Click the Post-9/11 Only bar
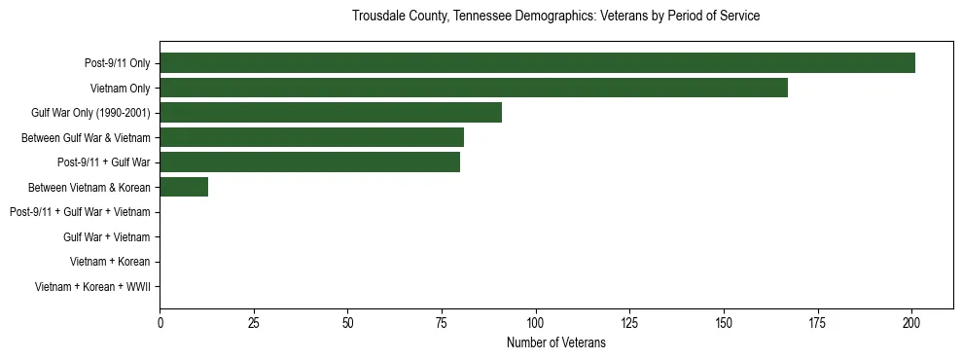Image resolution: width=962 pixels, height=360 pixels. point(537,63)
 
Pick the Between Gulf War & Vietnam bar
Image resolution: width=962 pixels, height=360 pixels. point(311,137)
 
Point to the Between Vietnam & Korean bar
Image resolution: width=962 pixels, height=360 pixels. point(184,187)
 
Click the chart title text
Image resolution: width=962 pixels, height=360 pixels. point(555,17)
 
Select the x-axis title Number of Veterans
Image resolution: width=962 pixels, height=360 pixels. point(555,342)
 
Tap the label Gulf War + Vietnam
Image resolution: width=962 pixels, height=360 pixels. point(107,237)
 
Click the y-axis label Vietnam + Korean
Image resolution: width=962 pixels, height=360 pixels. point(110,262)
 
